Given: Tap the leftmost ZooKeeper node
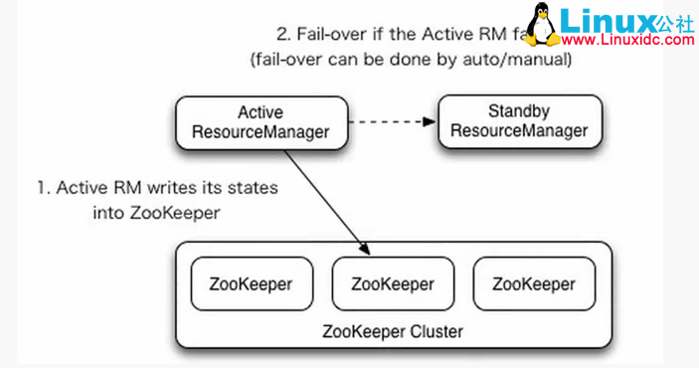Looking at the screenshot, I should (252, 282).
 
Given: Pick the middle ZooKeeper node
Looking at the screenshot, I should (393, 282).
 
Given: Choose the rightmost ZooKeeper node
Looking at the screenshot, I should (534, 282).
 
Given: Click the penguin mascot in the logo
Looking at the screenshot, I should (543, 24).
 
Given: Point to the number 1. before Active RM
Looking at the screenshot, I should (43, 187).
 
